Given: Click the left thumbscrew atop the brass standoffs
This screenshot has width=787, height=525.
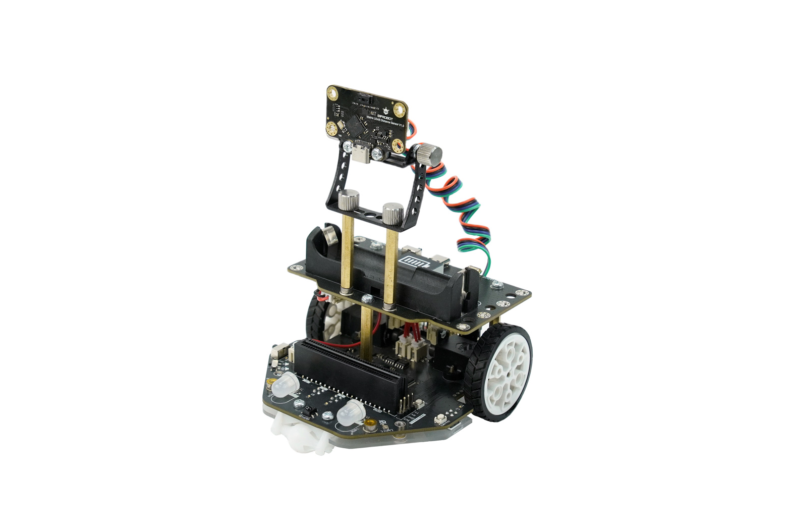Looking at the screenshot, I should click(x=348, y=200).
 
